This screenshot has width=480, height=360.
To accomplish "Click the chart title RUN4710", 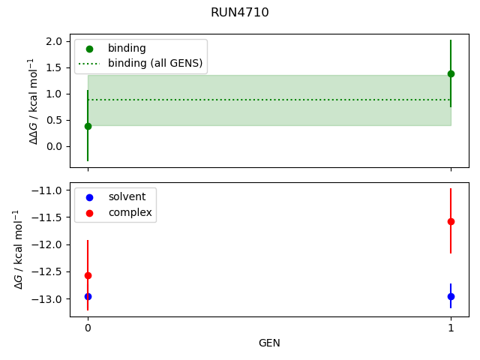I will [240, 13].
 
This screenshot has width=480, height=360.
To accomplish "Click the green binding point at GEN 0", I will [88, 126].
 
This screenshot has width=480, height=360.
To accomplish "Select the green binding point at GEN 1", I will [451, 73].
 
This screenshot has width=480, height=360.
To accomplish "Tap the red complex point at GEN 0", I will [88, 275].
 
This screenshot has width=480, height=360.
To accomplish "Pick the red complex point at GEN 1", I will [451, 221].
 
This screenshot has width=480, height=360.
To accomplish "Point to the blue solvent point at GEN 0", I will [88, 296].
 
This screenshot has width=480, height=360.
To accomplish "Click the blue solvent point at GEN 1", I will [451, 296].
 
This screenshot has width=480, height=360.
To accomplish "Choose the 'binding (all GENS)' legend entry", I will [155, 64].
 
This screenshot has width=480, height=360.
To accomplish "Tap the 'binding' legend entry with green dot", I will [127, 48].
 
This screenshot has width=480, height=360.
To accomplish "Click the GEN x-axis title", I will [269, 343].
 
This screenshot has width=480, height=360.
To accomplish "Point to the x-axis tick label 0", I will [88, 328].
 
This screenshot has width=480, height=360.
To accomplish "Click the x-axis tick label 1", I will [451, 328].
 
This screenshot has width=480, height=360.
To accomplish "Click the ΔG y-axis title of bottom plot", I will [19, 250].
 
